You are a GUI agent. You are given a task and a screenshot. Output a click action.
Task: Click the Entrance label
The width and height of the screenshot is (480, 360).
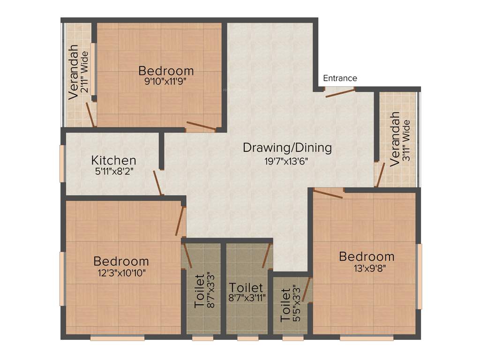pyautogui.click(x=340, y=78)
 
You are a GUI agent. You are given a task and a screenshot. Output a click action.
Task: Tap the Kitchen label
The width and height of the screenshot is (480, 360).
pyautogui.click(x=113, y=161)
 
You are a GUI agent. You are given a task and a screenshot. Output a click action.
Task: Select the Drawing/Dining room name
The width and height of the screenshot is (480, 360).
pyautogui.click(x=287, y=148)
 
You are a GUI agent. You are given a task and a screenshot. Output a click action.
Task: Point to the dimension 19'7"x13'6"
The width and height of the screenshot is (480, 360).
pyautogui.click(x=287, y=162)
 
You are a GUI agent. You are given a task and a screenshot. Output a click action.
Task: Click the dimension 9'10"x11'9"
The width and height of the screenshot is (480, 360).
pyautogui.click(x=166, y=82)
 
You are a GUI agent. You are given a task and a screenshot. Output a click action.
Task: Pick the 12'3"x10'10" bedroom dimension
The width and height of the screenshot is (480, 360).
pyautogui.click(x=121, y=272)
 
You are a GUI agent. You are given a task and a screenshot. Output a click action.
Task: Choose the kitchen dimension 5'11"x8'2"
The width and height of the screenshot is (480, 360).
pyautogui.click(x=114, y=172)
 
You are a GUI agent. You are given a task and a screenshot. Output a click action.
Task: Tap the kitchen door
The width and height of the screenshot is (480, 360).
pyautogui.click(x=158, y=183)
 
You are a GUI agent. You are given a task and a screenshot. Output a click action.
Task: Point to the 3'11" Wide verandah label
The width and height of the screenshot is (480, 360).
pyautogui.click(x=406, y=141)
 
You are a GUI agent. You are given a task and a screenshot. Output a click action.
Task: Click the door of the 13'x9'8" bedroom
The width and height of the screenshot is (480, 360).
pyautogui.click(x=328, y=193)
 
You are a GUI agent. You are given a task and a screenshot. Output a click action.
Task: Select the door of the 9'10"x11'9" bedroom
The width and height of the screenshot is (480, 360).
pyautogui.click(x=201, y=126)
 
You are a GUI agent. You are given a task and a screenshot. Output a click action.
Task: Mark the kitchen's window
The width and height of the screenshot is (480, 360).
pyautogui.click(x=62, y=163)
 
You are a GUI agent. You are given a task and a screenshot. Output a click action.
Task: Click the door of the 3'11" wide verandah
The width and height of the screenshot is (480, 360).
pyautogui.click(x=380, y=174)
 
